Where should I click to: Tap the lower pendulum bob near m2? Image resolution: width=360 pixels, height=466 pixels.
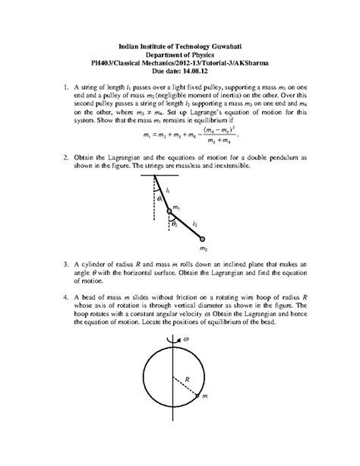202,238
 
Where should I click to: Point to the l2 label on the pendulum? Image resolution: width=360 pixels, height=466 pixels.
195,223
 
